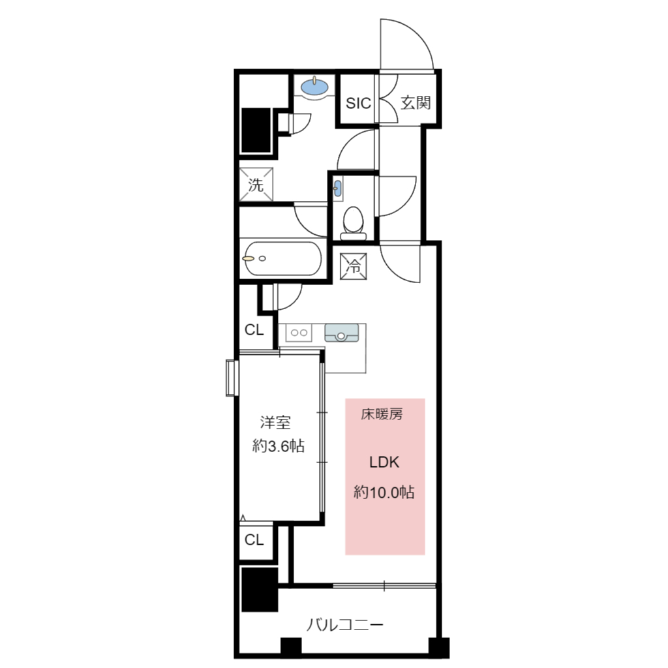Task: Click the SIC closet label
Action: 358,103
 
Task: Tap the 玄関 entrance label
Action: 416,102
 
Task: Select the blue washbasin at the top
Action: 315,87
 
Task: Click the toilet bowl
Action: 353,223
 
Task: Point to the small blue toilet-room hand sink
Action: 337,188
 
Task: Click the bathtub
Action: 282,258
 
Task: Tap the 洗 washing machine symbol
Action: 256,185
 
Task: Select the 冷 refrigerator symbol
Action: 354,266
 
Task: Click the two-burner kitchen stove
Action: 299,333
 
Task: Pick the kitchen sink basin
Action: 342,333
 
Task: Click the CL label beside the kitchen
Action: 254,329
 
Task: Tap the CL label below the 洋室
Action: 254,539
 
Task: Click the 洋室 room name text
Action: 275,423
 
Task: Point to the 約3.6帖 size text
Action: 278,446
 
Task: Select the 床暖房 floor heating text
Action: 382,414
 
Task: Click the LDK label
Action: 384,463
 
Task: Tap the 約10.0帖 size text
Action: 384,493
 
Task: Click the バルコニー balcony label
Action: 345,625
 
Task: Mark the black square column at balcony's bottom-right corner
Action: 438,648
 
